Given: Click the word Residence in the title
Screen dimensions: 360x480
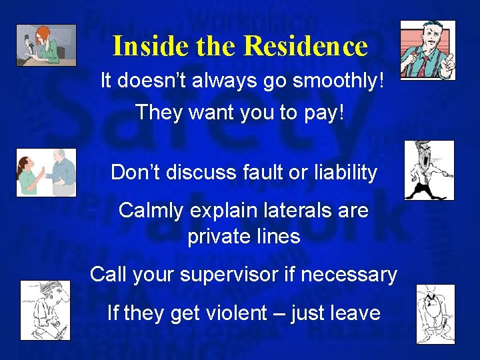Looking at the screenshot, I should coord(306,46).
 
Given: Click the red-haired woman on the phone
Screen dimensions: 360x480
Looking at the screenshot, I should coord(46,45).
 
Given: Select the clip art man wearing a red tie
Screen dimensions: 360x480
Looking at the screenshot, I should coord(427,51).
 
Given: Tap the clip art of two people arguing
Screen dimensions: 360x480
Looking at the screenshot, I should coord(46,172).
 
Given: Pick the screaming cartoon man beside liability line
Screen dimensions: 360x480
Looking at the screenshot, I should coord(429,170).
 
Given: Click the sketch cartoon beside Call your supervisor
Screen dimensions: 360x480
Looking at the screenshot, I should coord(45,310).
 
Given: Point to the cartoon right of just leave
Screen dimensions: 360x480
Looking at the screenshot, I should coord(435,314).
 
